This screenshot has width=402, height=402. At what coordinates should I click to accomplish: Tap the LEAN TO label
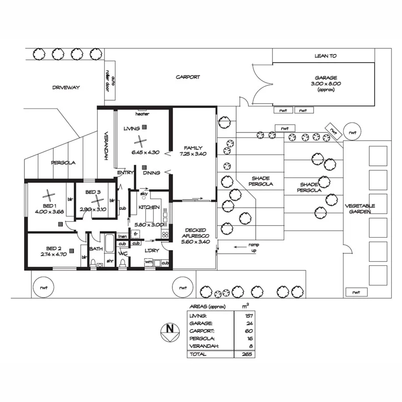(326, 56)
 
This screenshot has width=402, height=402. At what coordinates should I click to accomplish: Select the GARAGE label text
(326, 77)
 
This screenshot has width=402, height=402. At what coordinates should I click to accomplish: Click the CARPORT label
(188, 77)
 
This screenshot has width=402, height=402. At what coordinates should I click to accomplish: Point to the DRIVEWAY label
(66, 88)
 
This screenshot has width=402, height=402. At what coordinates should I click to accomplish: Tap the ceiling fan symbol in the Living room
(140, 142)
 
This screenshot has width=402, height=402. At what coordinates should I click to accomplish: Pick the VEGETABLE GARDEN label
(360, 209)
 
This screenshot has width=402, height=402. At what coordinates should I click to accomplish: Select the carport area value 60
(249, 331)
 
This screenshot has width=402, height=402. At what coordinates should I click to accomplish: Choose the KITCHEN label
(149, 207)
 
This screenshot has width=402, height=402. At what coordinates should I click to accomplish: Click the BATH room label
(96, 249)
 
